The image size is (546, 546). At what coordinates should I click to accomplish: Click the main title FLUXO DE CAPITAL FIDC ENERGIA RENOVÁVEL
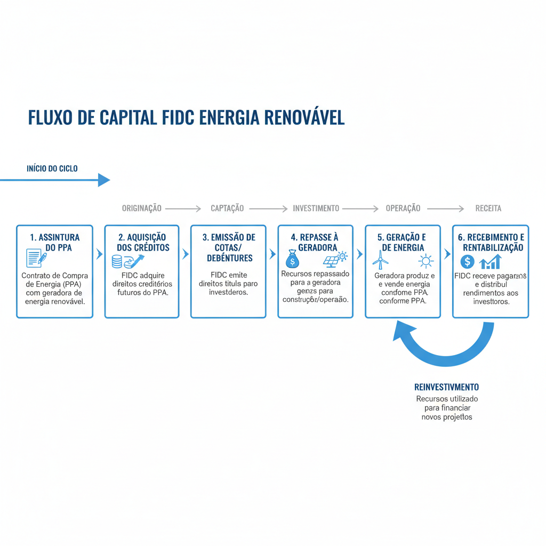(186, 118)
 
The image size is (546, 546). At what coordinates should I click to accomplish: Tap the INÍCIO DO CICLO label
(52, 168)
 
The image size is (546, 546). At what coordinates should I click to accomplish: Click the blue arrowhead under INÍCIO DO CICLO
(103, 180)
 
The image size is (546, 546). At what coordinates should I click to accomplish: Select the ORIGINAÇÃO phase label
(141, 208)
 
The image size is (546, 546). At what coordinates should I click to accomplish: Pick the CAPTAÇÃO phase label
(227, 208)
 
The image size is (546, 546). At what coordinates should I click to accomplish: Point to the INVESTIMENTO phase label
(316, 208)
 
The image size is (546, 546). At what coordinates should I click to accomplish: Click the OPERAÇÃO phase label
(403, 208)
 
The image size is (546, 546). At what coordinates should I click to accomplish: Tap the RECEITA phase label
(488, 208)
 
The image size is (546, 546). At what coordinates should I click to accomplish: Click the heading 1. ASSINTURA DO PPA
(55, 242)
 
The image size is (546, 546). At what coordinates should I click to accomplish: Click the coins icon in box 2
(117, 261)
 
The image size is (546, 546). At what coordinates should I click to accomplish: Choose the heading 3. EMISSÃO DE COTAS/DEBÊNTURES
(228, 247)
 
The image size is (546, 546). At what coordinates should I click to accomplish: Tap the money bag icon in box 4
(292, 260)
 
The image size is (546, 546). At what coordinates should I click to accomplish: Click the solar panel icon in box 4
(332, 260)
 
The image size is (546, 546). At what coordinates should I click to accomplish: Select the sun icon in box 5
(425, 261)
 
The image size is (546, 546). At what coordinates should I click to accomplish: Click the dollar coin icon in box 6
(467, 261)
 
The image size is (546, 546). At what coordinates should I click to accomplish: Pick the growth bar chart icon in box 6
(491, 261)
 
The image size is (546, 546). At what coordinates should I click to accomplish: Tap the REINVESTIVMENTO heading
(446, 387)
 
